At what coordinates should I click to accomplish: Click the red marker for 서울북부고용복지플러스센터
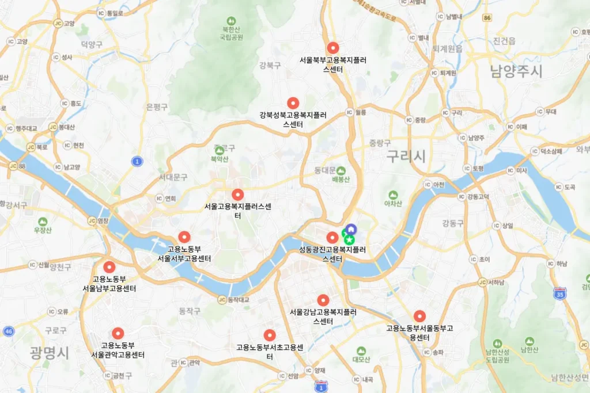point(332,48)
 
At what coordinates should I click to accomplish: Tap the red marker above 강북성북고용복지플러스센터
point(293,103)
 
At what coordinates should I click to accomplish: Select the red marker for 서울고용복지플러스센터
point(237,194)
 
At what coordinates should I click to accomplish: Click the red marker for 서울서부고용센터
point(184,236)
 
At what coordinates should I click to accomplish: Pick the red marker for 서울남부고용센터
point(109,267)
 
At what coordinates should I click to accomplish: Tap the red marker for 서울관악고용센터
point(118,333)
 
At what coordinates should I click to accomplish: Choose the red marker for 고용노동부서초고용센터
point(269,335)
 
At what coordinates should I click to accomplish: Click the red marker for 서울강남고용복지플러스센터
point(323,300)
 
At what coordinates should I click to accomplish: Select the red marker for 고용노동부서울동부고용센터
point(419,316)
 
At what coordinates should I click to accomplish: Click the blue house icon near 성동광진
point(350,229)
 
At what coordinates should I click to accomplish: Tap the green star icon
point(349,238)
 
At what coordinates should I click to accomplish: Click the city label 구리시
point(406,155)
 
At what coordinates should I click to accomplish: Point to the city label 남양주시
point(516,71)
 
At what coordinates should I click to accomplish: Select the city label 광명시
point(49,352)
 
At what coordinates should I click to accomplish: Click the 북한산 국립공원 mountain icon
point(231,21)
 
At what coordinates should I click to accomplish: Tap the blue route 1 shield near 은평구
point(137,162)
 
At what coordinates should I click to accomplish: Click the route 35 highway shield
point(558,294)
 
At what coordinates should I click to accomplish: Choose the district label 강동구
point(453,223)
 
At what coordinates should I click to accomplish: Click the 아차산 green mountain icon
point(393,195)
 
